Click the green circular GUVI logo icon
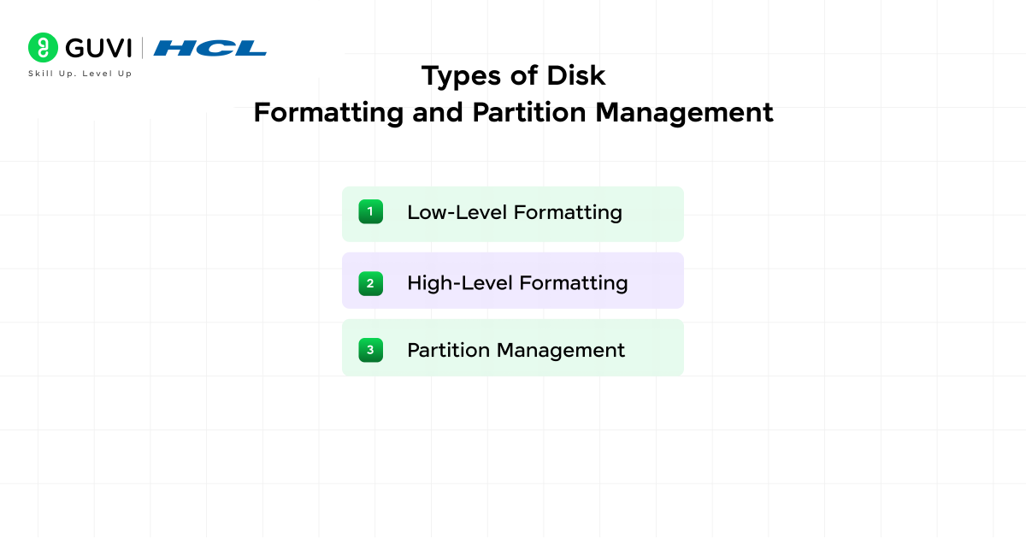pos(43,48)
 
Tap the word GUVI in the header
pos(98,48)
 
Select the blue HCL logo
pos(209,48)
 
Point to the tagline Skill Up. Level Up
pos(80,74)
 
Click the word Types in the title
pos(461,76)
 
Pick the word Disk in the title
pos(576,75)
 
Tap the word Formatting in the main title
pos(328,113)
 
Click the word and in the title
pos(438,113)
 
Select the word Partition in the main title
pos(529,112)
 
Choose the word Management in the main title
pos(684,113)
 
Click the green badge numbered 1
pos(370,212)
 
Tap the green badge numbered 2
pos(370,284)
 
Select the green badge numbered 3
pos(370,350)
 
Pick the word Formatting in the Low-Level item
pos(568,213)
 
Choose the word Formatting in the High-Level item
pos(574,284)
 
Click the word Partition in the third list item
pos(448,350)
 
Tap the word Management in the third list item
pos(561,351)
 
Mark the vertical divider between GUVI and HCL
pos(142,48)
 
